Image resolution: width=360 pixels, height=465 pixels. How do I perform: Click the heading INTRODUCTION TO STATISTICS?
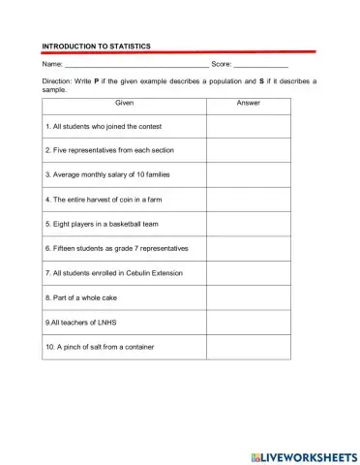pos(96,46)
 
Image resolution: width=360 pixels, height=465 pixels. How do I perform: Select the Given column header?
pos(124,103)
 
